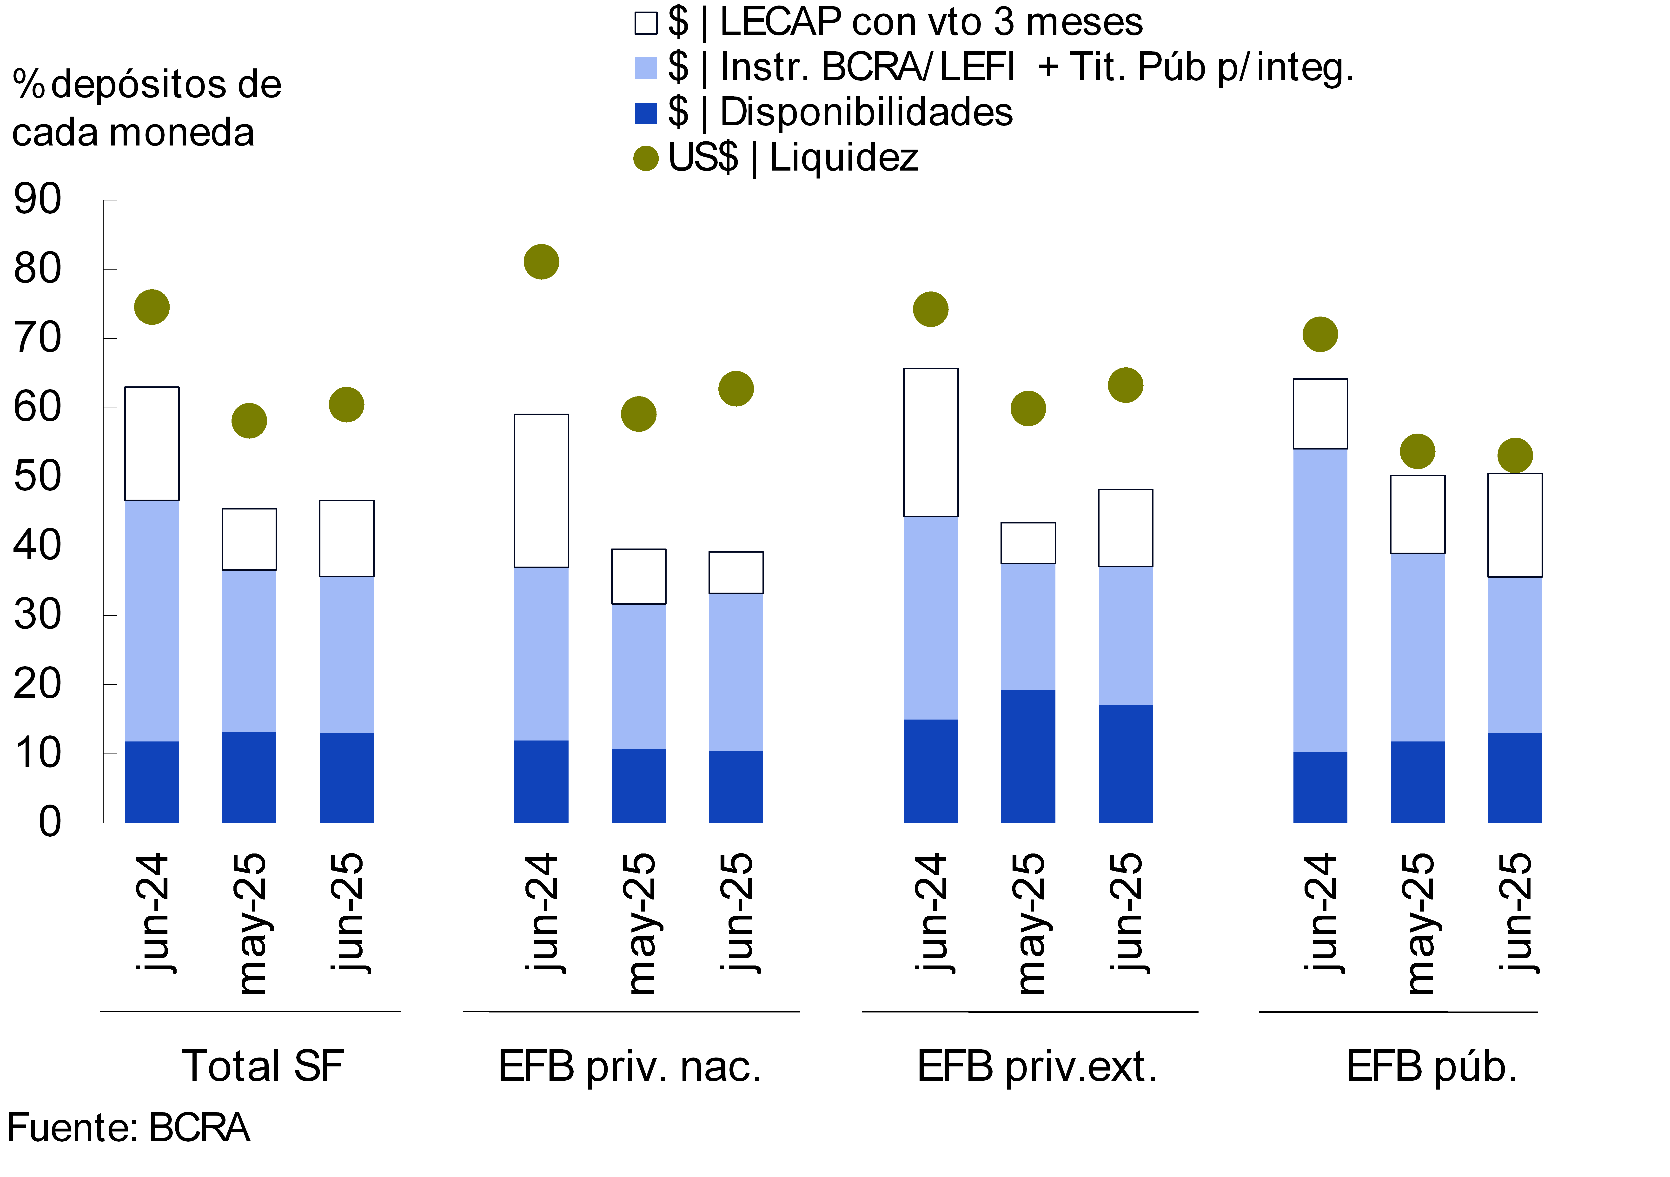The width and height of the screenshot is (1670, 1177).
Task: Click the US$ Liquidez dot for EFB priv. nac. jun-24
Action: click(x=541, y=262)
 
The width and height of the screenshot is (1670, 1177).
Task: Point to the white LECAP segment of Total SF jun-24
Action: click(x=152, y=444)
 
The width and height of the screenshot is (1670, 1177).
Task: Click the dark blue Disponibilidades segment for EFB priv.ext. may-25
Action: click(x=1028, y=757)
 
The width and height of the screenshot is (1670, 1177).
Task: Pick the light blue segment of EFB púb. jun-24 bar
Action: click(x=1320, y=600)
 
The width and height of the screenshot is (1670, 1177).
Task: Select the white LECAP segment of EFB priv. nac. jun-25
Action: click(x=736, y=573)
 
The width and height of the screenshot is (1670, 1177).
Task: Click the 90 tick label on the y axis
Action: click(x=38, y=199)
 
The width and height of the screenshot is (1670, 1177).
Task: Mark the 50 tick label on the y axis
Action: click(x=38, y=477)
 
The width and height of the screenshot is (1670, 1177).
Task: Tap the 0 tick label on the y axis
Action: click(x=49, y=823)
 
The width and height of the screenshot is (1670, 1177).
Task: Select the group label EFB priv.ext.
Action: click(x=1036, y=1067)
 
